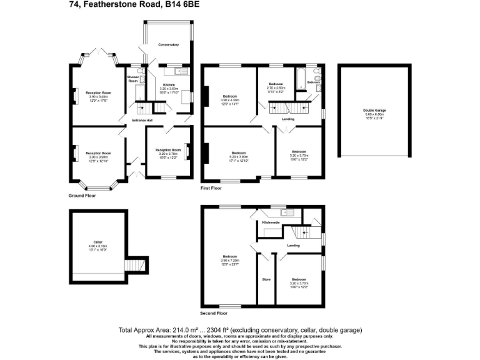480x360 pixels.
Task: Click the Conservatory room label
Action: click(168, 45)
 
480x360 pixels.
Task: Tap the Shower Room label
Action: click(133, 79)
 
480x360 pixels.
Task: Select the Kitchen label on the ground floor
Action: click(169, 84)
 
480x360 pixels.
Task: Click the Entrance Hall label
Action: click(142, 121)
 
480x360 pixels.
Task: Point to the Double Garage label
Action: click(375, 111)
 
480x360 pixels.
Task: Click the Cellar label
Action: click(97, 242)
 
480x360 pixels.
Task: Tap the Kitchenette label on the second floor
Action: click(271, 222)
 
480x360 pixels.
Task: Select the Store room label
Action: click(266, 279)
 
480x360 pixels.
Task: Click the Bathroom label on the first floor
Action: click(314, 82)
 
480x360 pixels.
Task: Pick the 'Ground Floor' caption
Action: click(82, 196)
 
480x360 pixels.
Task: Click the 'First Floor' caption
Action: click(211, 187)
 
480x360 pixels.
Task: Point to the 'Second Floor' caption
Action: click(214, 313)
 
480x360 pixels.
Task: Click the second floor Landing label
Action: click(293, 245)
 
